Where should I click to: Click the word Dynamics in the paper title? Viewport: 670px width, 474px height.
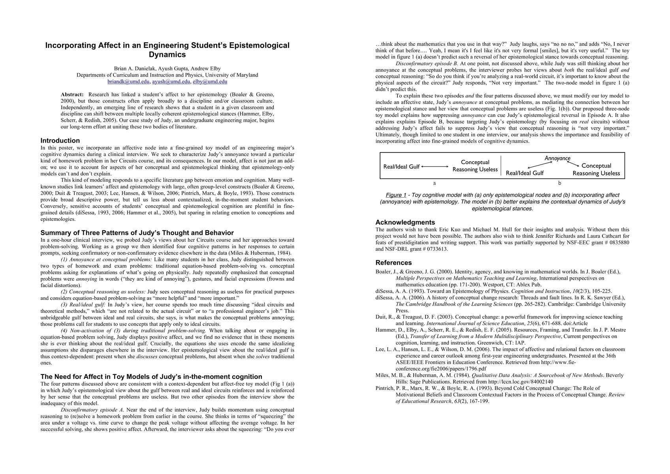(167, 55)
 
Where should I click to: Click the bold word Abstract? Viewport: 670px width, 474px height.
(72, 95)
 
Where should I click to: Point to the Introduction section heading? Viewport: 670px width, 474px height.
(60, 141)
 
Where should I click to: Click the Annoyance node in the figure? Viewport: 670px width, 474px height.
(557, 158)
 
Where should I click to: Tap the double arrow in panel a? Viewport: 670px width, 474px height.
(435, 167)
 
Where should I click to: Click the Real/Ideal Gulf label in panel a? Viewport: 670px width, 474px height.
(401, 167)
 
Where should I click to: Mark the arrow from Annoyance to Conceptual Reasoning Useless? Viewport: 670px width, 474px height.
(573, 164)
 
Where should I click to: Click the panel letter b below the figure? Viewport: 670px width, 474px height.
(559, 183)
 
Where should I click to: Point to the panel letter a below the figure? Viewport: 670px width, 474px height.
(435, 183)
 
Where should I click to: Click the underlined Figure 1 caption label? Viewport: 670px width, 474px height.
(396, 195)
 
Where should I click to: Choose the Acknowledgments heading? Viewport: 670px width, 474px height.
(405, 222)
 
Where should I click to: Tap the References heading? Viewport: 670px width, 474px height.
(393, 263)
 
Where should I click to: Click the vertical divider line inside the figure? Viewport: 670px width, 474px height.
(501, 166)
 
